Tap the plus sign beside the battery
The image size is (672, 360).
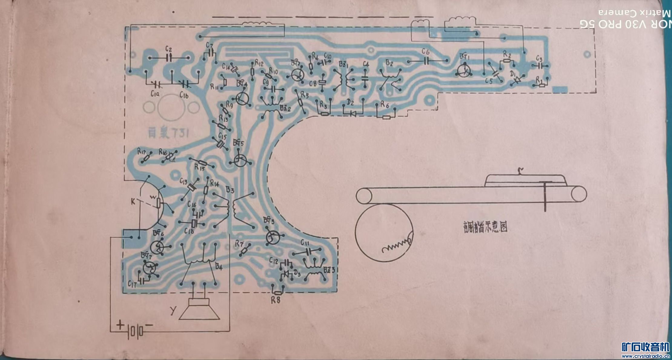point(120,325)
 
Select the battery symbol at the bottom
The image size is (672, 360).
point(135,332)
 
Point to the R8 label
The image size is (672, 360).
point(275,300)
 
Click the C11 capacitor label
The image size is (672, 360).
point(305,243)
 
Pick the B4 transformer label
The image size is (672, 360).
point(219,267)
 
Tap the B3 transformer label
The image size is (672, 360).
point(230,190)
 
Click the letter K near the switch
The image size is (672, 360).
point(133,202)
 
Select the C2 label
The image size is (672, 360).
point(169,49)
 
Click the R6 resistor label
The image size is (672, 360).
point(384,105)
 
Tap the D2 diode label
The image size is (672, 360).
point(350,103)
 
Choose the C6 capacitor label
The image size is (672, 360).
point(425,52)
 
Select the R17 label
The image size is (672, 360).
point(142,151)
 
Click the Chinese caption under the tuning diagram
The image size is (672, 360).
point(485,227)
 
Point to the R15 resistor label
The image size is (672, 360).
point(200,167)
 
